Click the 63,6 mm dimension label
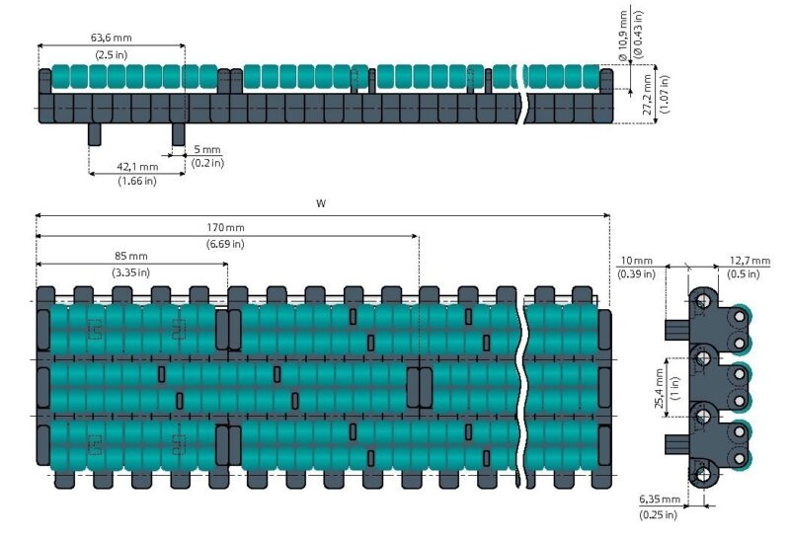coord(112,38)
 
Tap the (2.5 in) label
coord(112,54)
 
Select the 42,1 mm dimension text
coord(137,167)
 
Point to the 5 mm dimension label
coord(207,149)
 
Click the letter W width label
coord(321,203)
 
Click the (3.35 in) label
coord(130,271)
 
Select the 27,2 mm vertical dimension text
coord(646,96)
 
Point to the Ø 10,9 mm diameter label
coord(624,34)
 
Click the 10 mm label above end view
coord(635,260)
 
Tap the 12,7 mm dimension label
coord(750,260)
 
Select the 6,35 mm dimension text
coord(658,500)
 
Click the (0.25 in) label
coord(658,514)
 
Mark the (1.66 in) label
coord(137,181)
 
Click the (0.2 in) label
coord(207,162)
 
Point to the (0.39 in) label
coord(635,273)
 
